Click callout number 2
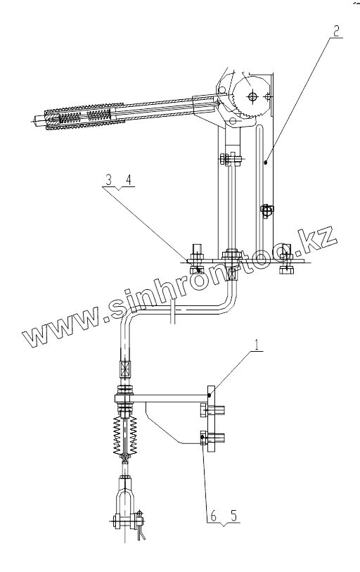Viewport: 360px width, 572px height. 336,31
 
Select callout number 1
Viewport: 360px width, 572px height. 258,345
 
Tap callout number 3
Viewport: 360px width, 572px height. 108,180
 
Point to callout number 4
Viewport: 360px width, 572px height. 129,180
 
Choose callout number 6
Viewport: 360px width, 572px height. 213,516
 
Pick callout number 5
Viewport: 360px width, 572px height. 233,516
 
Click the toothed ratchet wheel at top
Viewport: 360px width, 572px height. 252,96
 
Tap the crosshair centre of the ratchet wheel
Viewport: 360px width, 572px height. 252,96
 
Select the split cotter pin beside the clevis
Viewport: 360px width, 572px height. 141,526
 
